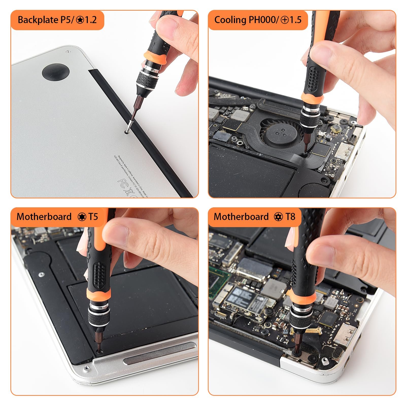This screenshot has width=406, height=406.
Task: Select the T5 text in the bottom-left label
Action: (93, 217)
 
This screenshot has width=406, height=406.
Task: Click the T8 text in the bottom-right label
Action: (290, 217)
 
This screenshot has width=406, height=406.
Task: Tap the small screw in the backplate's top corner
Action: (67, 52)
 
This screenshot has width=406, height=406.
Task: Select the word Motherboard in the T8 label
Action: (241, 217)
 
